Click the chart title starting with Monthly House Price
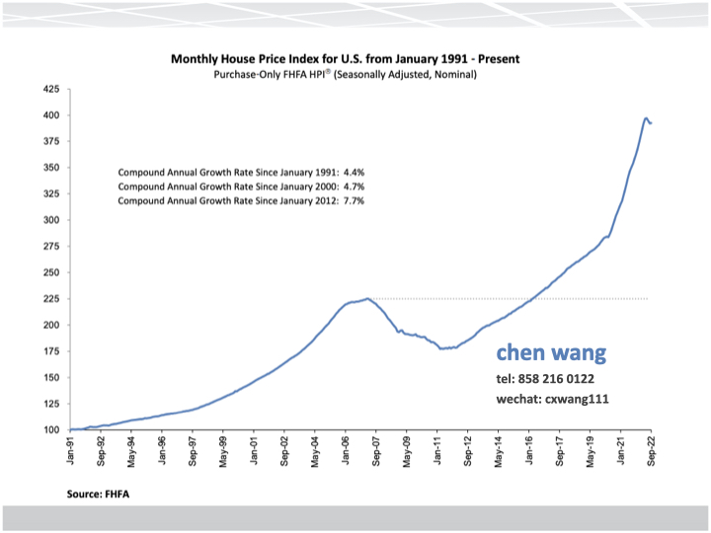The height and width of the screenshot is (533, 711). [x=345, y=59]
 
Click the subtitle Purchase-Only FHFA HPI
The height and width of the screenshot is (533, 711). [x=345, y=74]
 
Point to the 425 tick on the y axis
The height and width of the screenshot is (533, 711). [x=49, y=90]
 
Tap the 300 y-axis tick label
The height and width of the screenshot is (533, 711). [x=49, y=220]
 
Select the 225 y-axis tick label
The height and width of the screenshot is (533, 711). [x=49, y=299]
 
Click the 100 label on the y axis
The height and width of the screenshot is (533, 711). [x=49, y=429]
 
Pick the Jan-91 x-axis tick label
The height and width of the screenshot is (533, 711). [x=71, y=450]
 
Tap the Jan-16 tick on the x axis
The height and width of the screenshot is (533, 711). [x=530, y=450]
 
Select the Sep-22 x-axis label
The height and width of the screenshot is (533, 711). [x=652, y=450]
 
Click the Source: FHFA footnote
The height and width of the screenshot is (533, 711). [x=100, y=492]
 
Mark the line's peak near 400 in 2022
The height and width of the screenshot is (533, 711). [x=646, y=118]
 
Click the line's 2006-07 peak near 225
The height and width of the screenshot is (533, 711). [x=367, y=298]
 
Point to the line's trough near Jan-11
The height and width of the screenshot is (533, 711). [x=442, y=348]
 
